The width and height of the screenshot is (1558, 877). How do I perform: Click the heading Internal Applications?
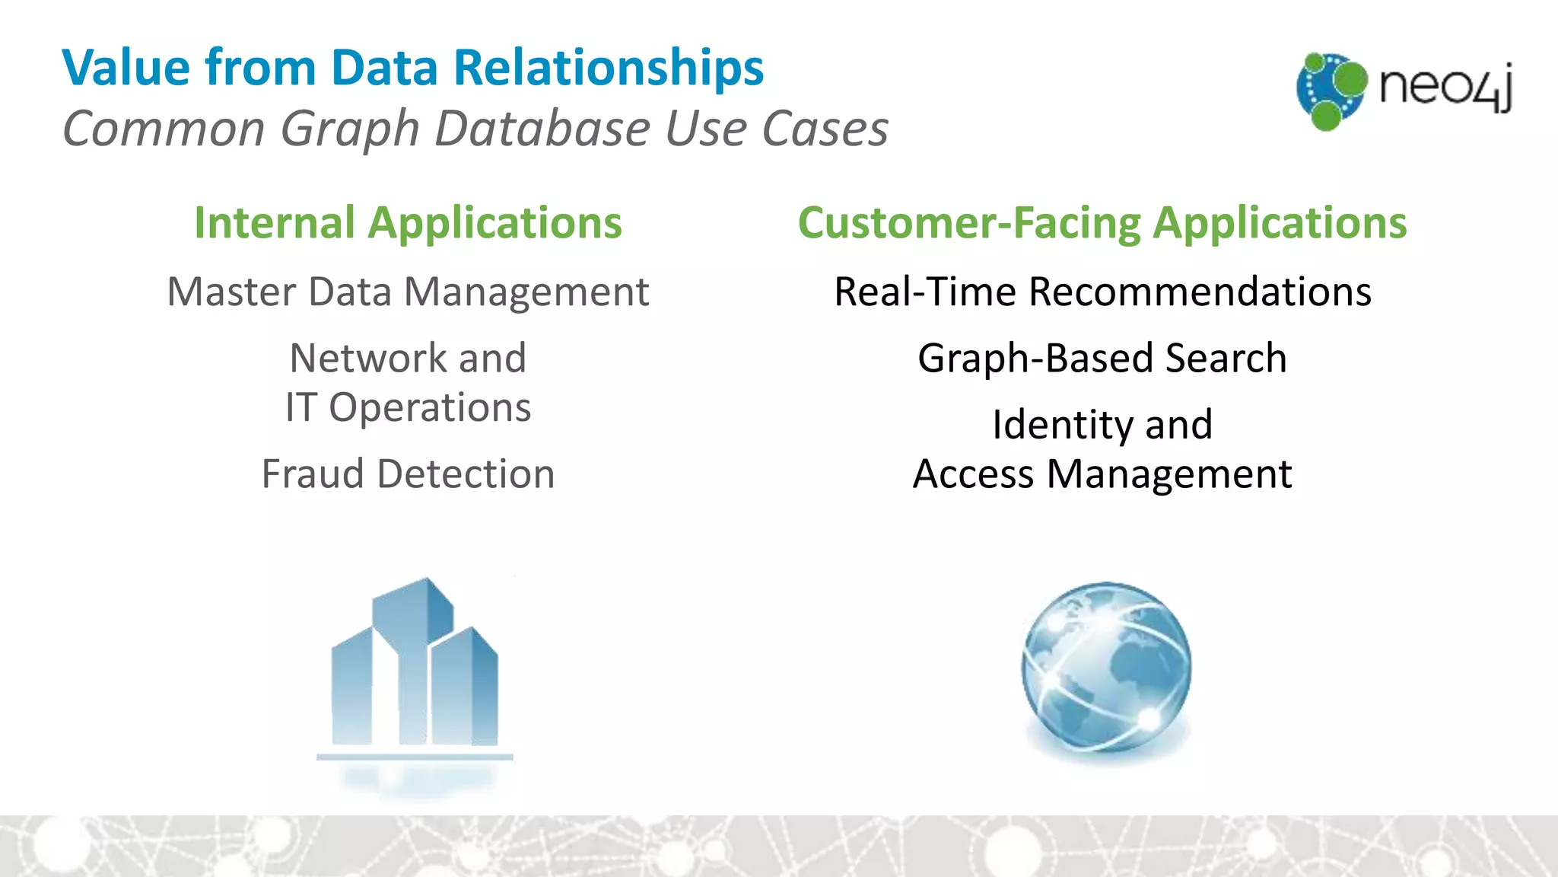click(x=408, y=223)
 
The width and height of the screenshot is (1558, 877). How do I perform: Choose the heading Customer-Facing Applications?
click(x=1102, y=223)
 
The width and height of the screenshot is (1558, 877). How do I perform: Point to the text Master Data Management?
click(x=408, y=292)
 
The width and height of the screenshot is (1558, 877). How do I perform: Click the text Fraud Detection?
click(x=408, y=474)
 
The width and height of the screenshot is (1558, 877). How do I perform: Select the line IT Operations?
click(x=408, y=407)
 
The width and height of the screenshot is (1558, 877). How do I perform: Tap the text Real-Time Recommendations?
click(x=1102, y=292)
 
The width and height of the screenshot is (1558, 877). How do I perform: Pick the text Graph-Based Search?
click(x=1102, y=358)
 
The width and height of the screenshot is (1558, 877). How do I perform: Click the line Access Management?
click(x=1102, y=474)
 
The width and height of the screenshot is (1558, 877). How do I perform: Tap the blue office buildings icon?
click(x=415, y=670)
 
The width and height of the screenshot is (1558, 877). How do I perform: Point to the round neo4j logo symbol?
click(x=1331, y=90)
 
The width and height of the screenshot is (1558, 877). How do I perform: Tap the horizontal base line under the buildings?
click(x=415, y=757)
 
